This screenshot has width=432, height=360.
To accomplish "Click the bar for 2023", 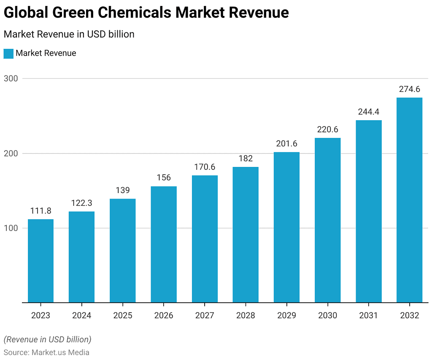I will tap(40, 261).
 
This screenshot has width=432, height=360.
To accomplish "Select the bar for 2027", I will tap(205, 239).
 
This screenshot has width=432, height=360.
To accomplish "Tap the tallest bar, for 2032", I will tap(409, 200).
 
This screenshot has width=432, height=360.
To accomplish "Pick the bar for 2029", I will tap(286, 227).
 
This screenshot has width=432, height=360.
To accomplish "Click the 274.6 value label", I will tap(409, 89).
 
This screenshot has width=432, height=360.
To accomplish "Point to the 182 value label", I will tap(246, 159).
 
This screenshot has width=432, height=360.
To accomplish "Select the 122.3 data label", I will tap(81, 203).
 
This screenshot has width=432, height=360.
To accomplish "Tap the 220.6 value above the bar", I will tap(327, 129).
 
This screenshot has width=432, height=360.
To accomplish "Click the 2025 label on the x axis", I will tap(122, 315).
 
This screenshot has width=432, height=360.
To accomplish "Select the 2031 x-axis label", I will tap(368, 315).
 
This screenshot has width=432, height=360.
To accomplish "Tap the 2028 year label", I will tap(246, 315).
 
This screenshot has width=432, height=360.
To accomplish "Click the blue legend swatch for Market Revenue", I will tap(8, 54).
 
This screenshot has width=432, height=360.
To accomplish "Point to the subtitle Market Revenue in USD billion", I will tap(69, 34).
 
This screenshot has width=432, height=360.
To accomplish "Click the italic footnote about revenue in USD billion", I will tap(47, 339).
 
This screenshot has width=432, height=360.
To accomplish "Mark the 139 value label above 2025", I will tap(122, 190).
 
